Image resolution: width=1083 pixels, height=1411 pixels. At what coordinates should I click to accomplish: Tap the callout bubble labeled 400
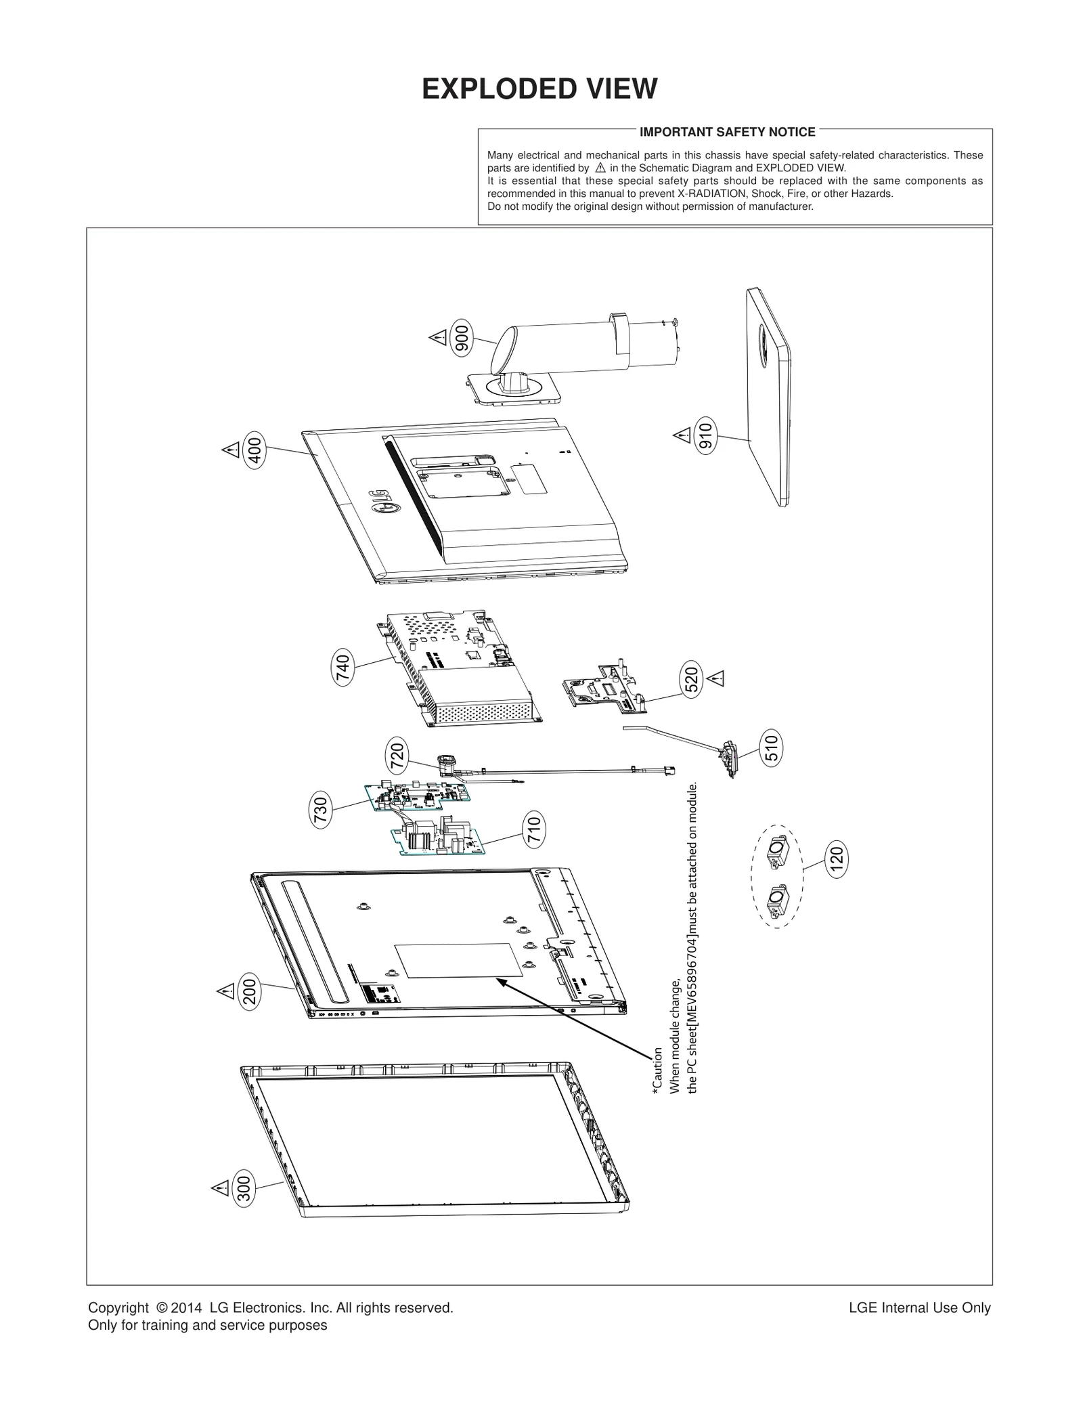[x=255, y=449]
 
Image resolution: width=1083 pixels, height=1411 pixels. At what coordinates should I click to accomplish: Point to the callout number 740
[x=343, y=668]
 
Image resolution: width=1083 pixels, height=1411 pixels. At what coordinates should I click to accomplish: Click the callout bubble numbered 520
[x=691, y=680]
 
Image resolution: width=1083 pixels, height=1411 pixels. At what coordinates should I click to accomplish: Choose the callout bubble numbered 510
[x=771, y=747]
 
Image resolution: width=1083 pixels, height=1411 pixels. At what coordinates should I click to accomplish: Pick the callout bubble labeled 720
[x=397, y=756]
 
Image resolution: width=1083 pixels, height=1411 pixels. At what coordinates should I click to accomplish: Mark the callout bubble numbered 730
[x=321, y=810]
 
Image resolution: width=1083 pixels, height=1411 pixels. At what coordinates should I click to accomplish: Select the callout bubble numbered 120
[x=837, y=859]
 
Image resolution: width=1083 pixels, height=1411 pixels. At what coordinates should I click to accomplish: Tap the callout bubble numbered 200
[x=250, y=992]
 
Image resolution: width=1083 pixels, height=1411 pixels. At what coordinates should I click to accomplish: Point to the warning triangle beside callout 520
[x=716, y=678]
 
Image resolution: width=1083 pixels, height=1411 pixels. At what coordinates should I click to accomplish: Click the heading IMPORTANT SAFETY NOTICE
[x=727, y=132]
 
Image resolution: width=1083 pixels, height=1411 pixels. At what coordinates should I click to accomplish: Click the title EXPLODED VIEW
[x=539, y=89]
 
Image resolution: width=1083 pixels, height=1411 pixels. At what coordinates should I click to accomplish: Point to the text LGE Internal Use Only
[x=919, y=1308]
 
